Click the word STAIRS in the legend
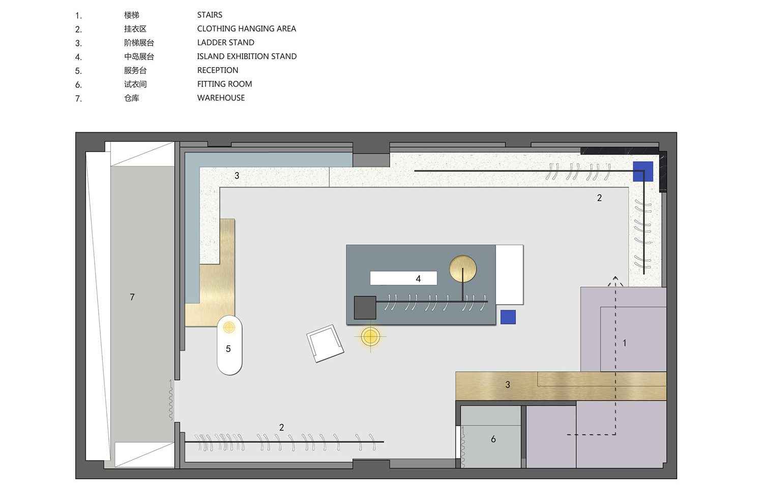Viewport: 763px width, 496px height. [210, 15]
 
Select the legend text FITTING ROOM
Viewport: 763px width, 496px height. [224, 84]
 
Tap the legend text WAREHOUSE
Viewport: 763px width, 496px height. [221, 98]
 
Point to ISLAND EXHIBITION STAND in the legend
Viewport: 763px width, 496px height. [247, 56]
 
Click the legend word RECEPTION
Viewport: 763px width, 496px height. [218, 70]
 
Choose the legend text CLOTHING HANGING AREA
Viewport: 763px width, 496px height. [246, 28]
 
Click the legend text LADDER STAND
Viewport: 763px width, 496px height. [225, 43]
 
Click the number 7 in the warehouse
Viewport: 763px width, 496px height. [132, 297]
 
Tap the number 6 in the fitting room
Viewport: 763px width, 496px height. [493, 439]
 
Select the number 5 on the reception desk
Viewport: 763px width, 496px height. [228, 348]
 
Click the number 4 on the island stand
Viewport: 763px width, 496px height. [418, 279]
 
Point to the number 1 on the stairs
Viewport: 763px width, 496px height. [624, 343]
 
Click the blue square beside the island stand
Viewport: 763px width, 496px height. [508, 317]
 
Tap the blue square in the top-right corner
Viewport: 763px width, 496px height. [643, 171]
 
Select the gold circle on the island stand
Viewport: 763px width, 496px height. [462, 269]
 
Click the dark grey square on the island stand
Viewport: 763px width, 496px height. [365, 308]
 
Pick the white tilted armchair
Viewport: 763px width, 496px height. [325, 343]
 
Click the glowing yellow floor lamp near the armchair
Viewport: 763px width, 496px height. [370, 337]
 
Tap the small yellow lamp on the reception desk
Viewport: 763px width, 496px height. [229, 328]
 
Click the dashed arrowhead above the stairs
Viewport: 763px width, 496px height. [615, 280]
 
